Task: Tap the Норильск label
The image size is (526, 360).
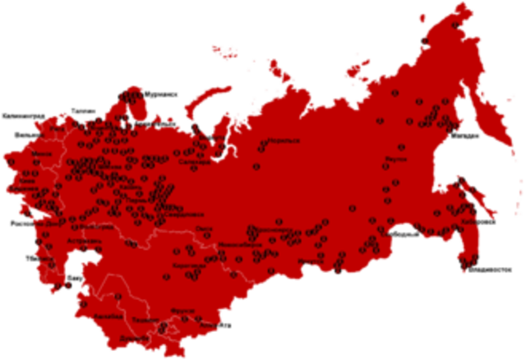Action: (x=285, y=141)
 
